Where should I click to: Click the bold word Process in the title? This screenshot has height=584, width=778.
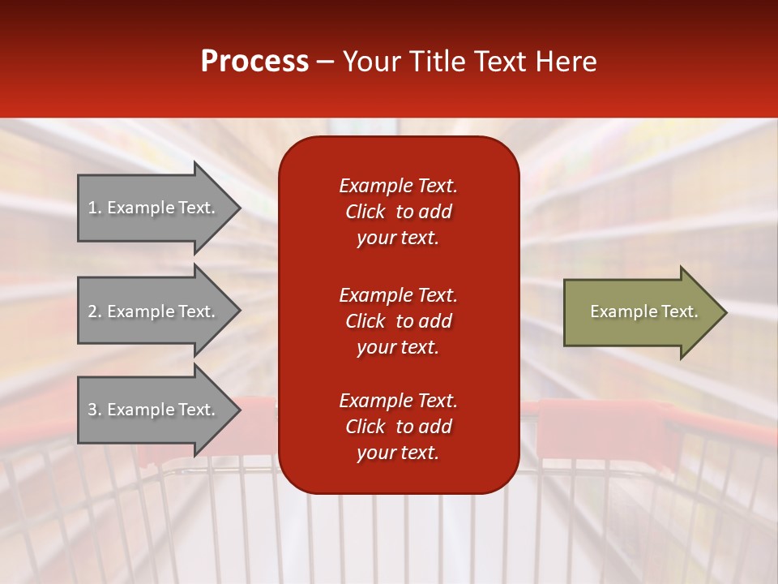click(254, 62)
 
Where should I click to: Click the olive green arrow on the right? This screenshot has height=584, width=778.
click(640, 311)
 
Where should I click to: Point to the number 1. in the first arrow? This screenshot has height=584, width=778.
click(95, 208)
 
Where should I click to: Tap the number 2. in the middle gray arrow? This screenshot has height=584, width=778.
click(95, 311)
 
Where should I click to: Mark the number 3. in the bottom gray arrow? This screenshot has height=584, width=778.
click(95, 410)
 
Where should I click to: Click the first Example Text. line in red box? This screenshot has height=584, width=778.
click(398, 186)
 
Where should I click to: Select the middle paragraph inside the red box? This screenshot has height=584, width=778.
click(398, 321)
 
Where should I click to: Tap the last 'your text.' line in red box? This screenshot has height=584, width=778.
click(398, 453)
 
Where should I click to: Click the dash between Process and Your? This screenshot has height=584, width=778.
click(326, 62)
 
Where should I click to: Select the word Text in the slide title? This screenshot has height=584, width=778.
click(501, 62)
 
